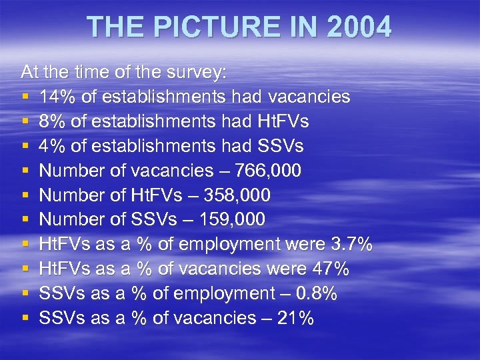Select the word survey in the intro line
(x=194, y=72)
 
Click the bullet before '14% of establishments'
(x=25, y=97)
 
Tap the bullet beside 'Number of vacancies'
(x=25, y=171)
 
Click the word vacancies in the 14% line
(x=309, y=97)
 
